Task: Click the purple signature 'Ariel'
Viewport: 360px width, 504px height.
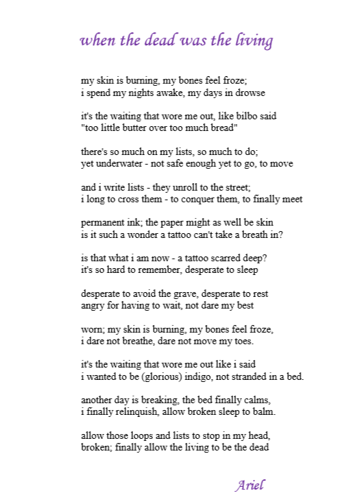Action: [250, 485]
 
